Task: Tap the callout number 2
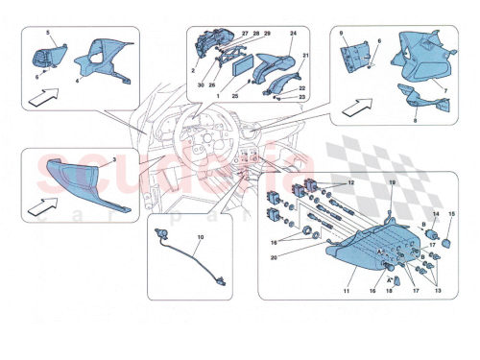pos(193,71)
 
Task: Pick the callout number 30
pos(199,85)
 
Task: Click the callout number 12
pos(350,183)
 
